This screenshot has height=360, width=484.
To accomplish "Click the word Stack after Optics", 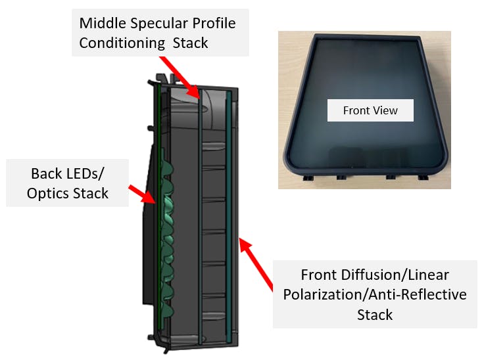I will [x=91, y=194].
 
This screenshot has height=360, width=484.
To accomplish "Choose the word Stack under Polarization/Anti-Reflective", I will [x=375, y=315].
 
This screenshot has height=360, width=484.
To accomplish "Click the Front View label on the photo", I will [x=370, y=110].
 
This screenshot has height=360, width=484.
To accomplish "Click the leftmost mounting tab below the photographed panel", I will [x=308, y=177].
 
